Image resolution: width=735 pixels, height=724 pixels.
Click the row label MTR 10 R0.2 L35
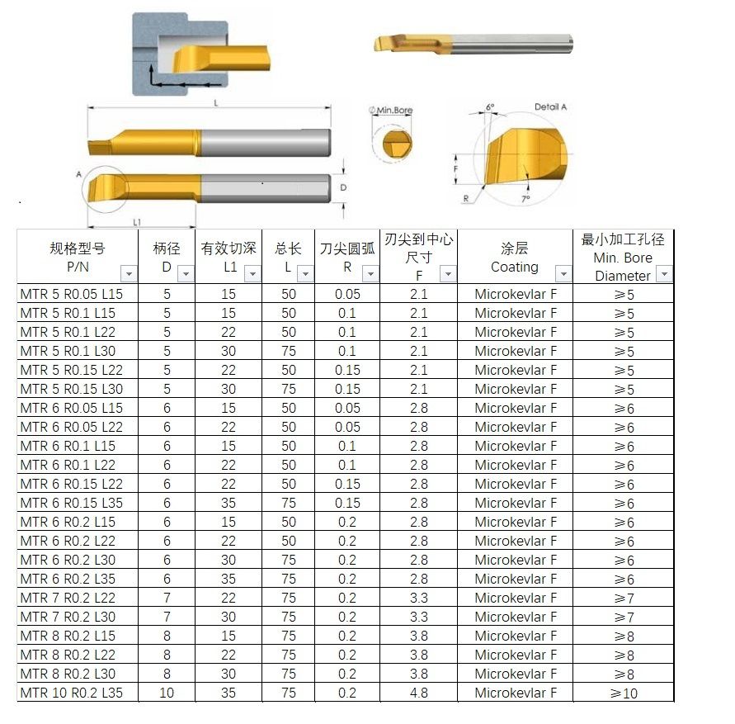[x=71, y=693]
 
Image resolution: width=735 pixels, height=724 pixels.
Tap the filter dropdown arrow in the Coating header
[x=563, y=274]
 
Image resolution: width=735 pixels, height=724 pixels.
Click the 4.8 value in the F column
[x=418, y=693]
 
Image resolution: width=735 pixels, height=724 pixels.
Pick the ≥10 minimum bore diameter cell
[x=624, y=693]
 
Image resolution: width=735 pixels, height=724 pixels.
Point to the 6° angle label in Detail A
[x=490, y=107]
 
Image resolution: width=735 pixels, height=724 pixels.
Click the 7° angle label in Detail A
[x=525, y=199]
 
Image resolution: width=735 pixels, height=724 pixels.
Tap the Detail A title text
[x=550, y=107]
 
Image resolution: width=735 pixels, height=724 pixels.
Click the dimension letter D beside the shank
[x=343, y=188]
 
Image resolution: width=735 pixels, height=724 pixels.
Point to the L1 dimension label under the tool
[x=137, y=222]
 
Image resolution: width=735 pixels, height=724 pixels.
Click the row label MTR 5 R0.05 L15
[x=71, y=294]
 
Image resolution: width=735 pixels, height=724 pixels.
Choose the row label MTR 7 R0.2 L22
[x=68, y=598]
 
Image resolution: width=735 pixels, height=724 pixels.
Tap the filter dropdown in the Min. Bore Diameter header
[x=663, y=274]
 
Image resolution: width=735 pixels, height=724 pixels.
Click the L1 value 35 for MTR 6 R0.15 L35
[x=229, y=503]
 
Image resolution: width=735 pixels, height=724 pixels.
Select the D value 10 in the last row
[x=167, y=693]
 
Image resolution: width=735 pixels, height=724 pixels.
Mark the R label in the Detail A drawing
[x=466, y=198]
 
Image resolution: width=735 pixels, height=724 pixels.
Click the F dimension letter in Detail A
[x=456, y=168]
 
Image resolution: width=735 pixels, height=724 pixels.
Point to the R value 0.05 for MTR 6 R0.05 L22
[x=347, y=427]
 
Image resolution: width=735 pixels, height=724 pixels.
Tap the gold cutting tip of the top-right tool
[x=388, y=44]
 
